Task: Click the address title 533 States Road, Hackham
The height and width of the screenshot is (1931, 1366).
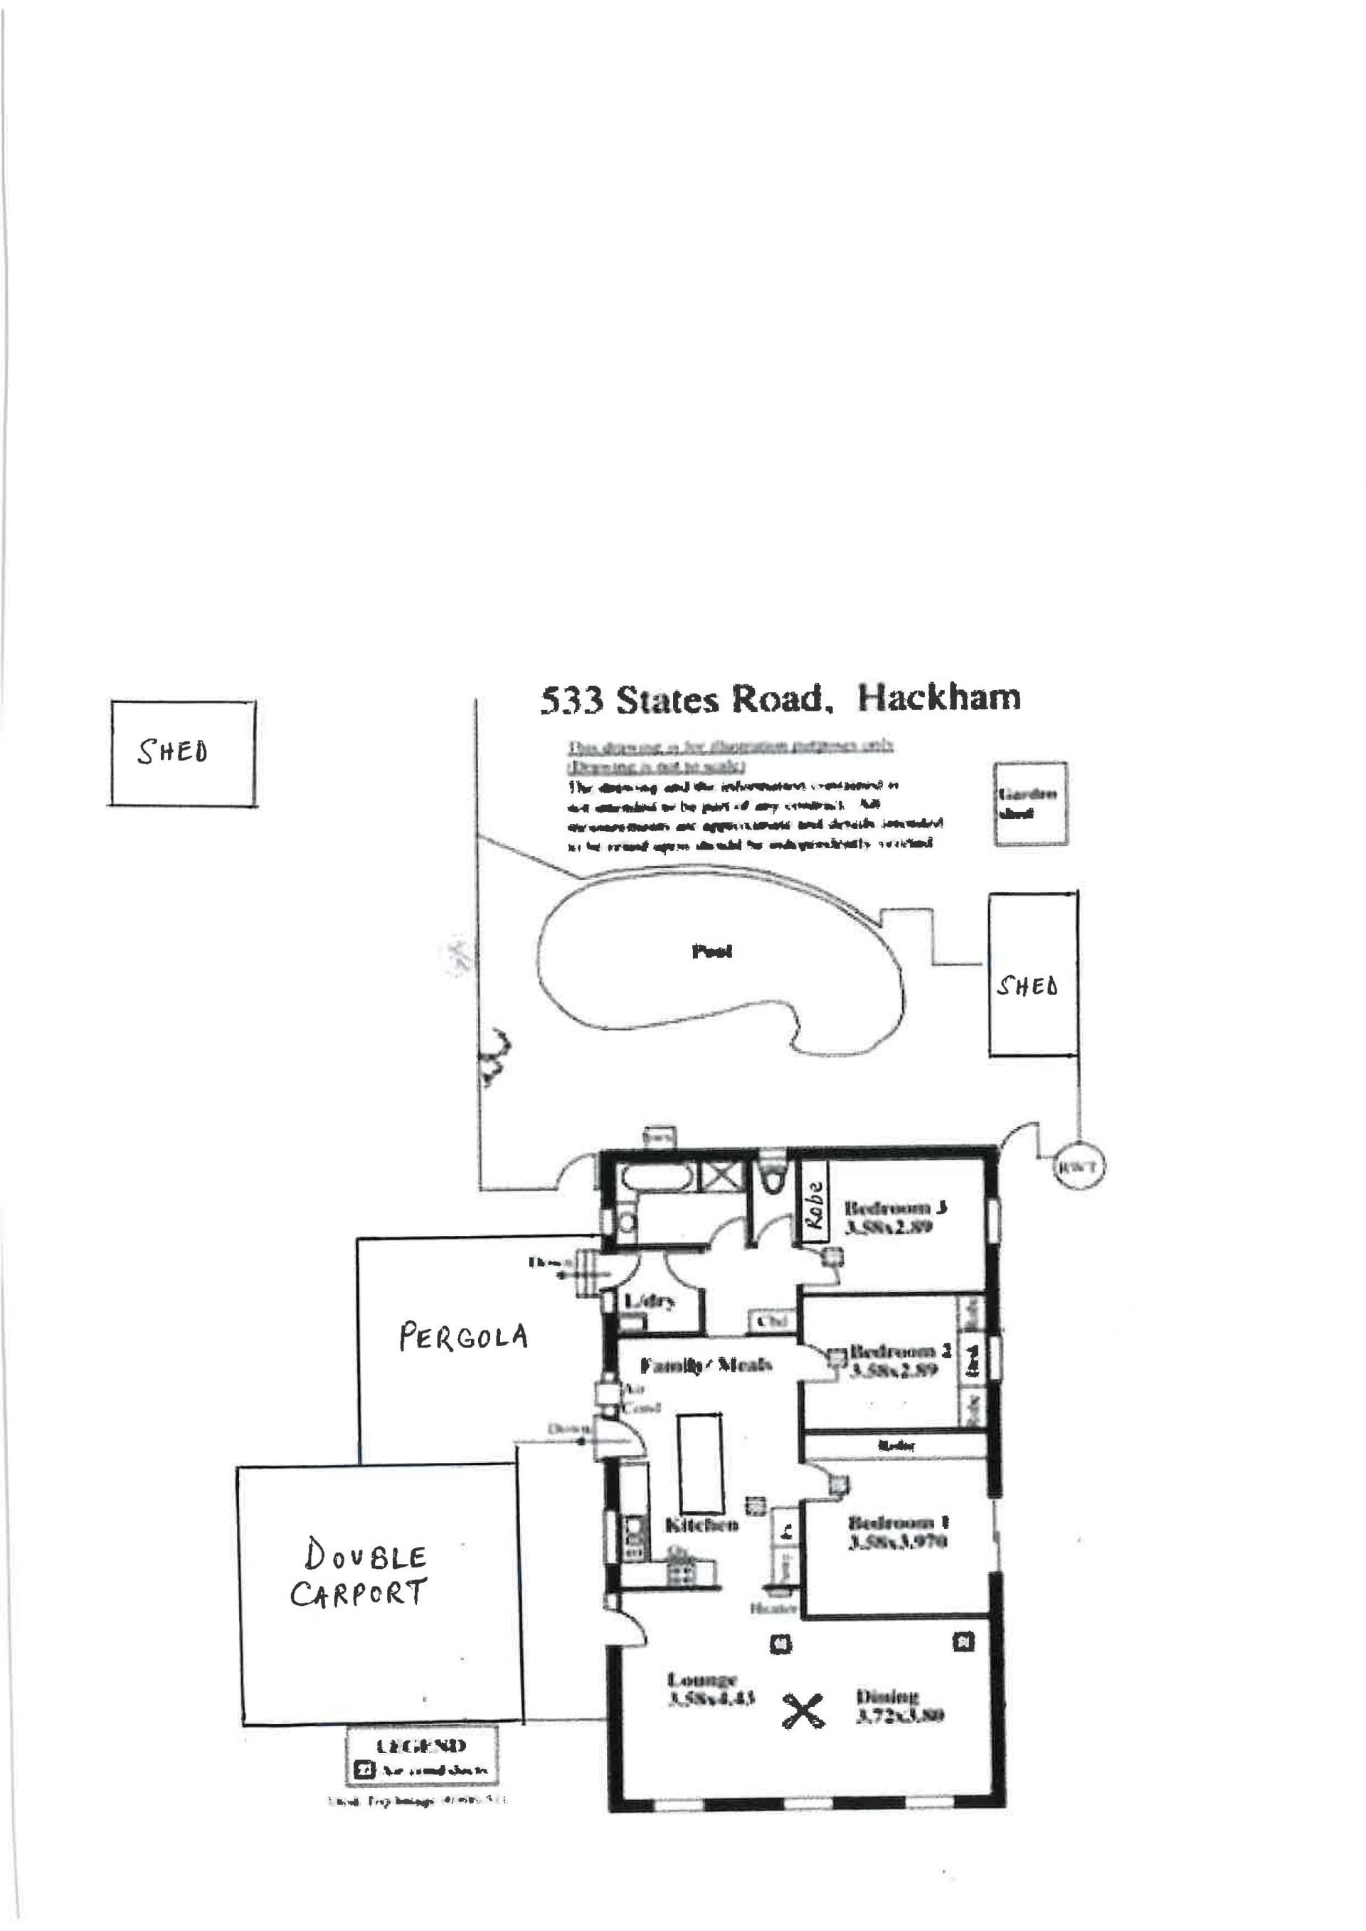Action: (x=780, y=699)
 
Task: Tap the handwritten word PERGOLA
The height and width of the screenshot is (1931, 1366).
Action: (x=462, y=1336)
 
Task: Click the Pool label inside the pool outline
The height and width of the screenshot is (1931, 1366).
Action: (x=711, y=951)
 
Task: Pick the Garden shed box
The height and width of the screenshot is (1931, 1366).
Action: (x=1029, y=803)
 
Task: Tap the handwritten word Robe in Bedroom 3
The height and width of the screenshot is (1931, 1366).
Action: (x=813, y=1205)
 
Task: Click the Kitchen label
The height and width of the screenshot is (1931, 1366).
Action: (x=701, y=1524)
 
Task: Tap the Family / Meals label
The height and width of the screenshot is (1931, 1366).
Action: (x=706, y=1365)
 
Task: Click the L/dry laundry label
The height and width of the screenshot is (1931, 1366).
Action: (x=649, y=1303)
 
